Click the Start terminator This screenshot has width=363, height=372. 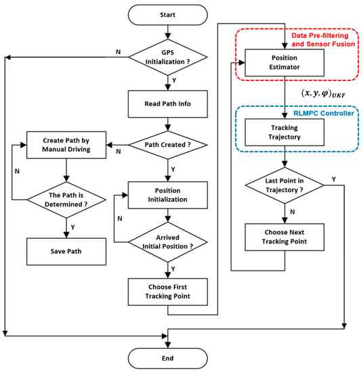[x=168, y=15]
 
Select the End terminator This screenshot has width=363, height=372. [x=168, y=358]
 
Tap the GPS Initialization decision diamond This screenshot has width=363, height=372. [x=168, y=57]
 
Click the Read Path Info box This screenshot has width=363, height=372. [x=168, y=104]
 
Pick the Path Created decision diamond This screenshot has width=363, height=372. [x=168, y=145]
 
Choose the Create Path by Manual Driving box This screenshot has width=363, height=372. [x=66, y=145]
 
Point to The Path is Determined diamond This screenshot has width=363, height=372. [x=66, y=200]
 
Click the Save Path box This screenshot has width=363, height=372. [x=66, y=252]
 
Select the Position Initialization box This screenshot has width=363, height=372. [x=168, y=195]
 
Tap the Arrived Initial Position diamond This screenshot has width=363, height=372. [x=168, y=242]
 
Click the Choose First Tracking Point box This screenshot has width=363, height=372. [x=168, y=292]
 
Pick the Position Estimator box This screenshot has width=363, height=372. [x=284, y=63]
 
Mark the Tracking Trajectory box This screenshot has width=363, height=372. [x=284, y=133]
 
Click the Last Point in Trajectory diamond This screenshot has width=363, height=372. [x=284, y=185]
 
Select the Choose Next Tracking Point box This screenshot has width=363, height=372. [x=284, y=237]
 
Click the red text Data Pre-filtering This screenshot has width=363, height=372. [x=320, y=36]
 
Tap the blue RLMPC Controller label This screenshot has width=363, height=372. [x=324, y=113]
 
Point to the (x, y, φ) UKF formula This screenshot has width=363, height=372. [x=323, y=93]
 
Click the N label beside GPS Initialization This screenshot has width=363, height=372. [x=119, y=51]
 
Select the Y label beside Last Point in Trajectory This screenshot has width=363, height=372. [x=334, y=179]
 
